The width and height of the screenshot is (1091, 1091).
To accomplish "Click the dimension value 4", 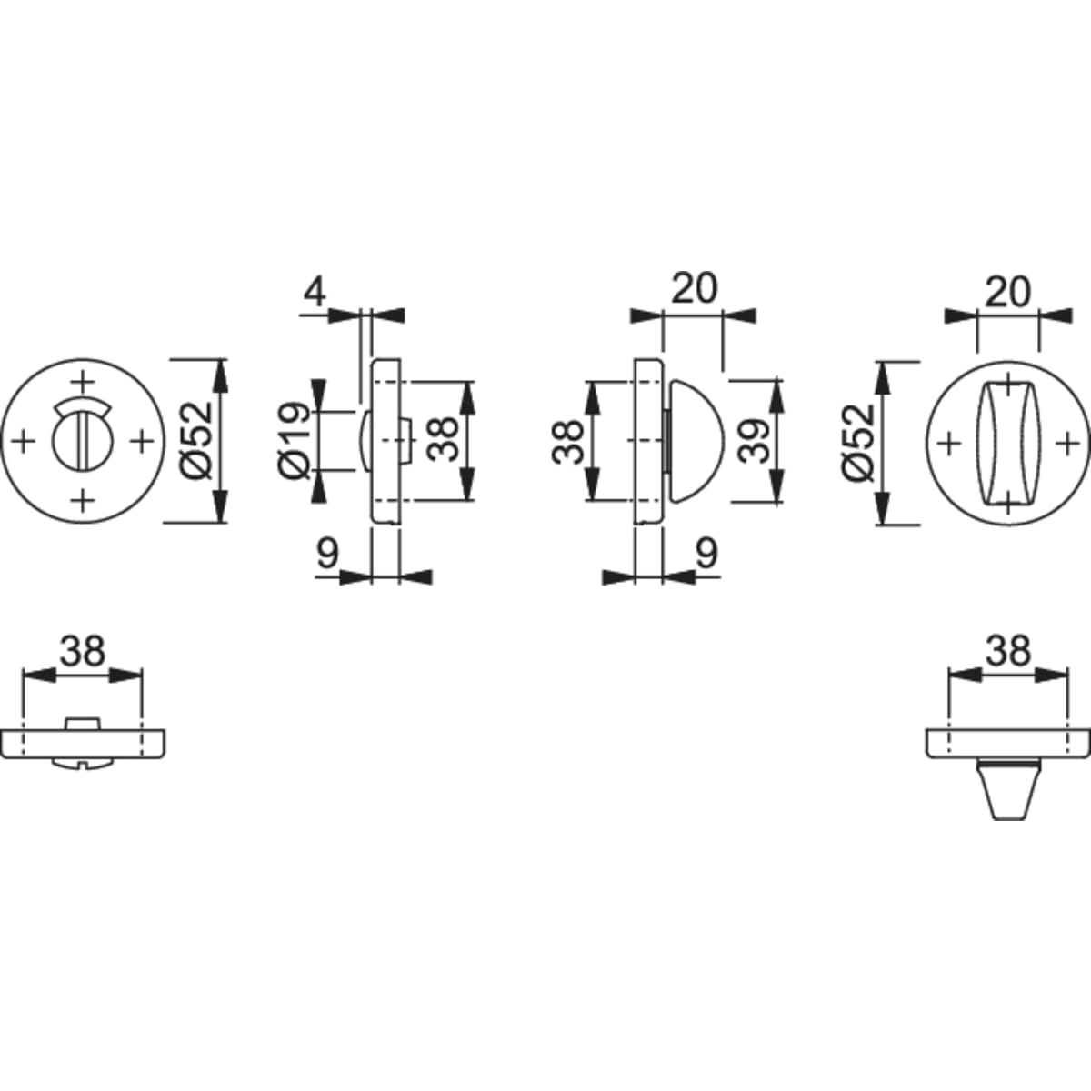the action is tap(315, 292).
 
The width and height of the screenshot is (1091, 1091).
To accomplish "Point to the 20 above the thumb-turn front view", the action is tap(1007, 294).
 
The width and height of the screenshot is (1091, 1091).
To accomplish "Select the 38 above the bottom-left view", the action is tap(83, 651).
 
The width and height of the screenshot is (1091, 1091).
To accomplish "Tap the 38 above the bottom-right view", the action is tap(1008, 651).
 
